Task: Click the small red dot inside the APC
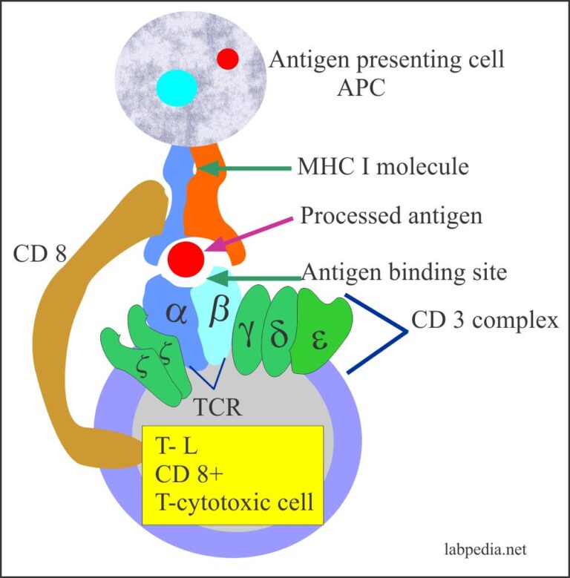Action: tap(228, 58)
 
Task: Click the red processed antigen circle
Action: tap(185, 260)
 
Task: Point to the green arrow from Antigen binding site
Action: tap(253, 276)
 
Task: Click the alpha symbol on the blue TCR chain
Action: tap(177, 314)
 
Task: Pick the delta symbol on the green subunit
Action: tap(280, 335)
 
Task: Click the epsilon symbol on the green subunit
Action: tap(318, 340)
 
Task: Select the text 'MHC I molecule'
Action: tap(382, 167)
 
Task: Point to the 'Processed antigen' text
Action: tap(391, 215)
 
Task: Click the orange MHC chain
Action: tap(215, 200)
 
